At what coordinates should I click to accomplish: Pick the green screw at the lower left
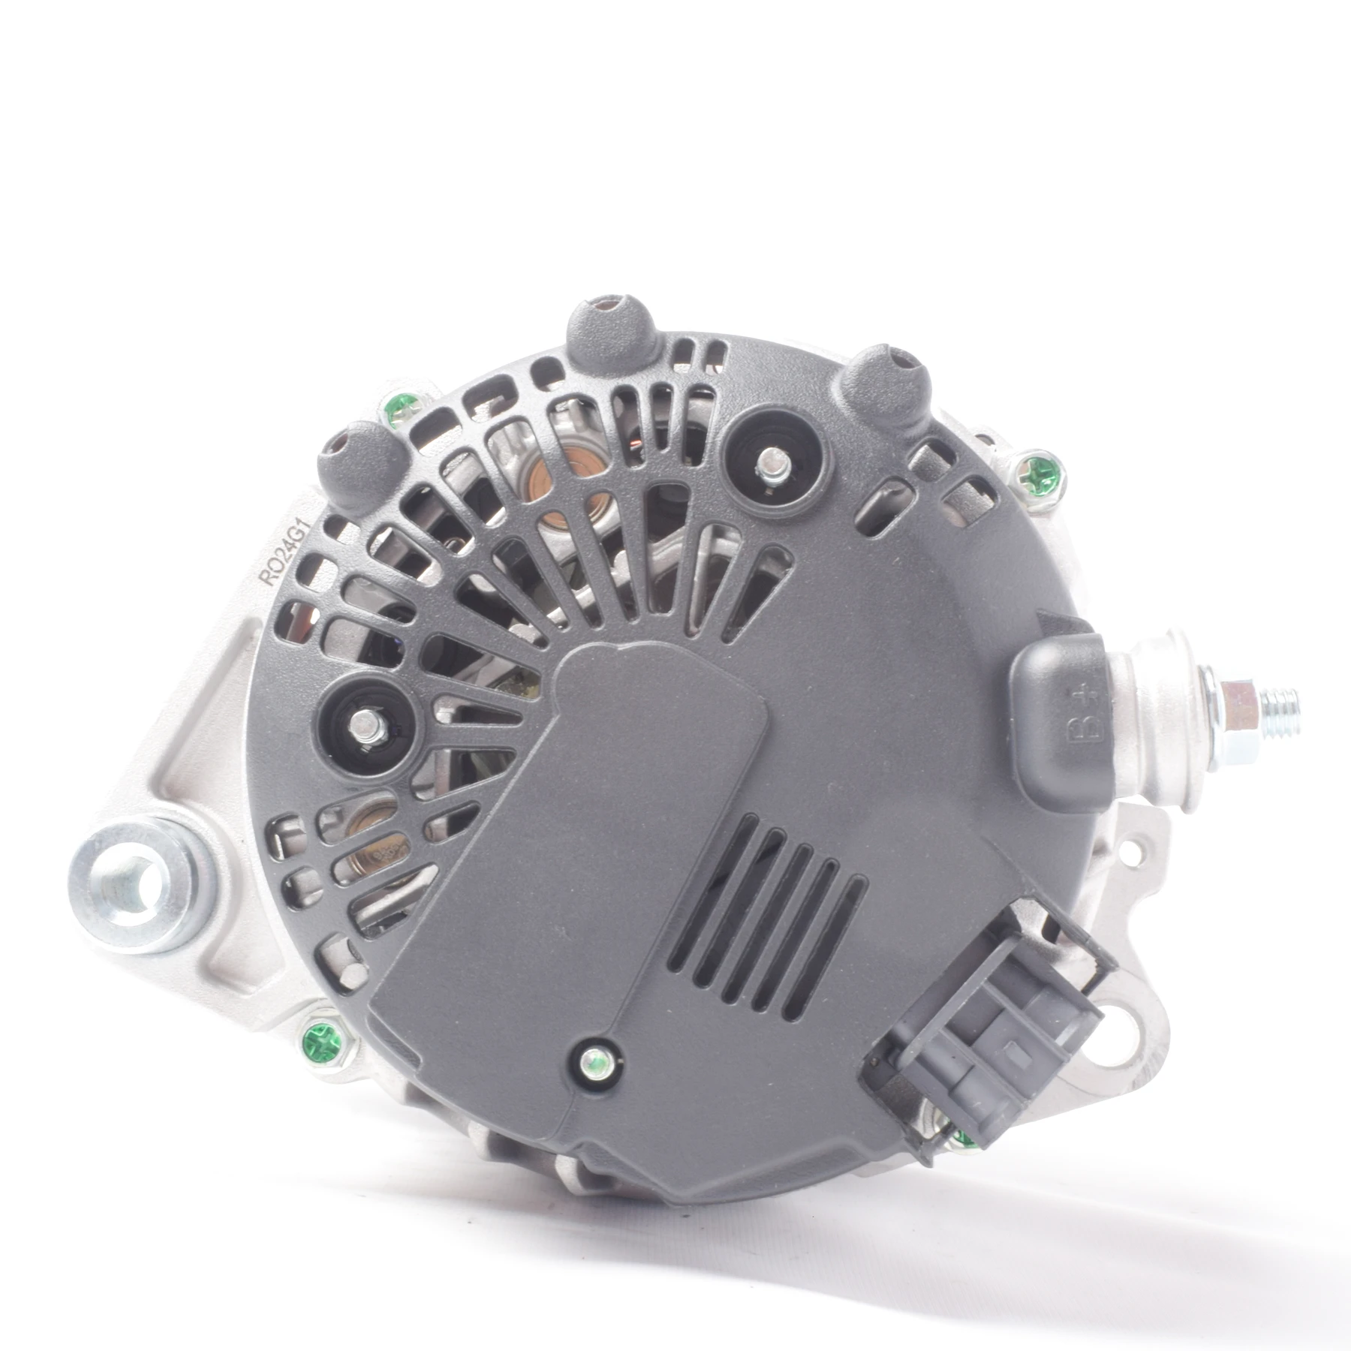(323, 1041)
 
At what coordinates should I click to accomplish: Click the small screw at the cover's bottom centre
(595, 1060)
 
